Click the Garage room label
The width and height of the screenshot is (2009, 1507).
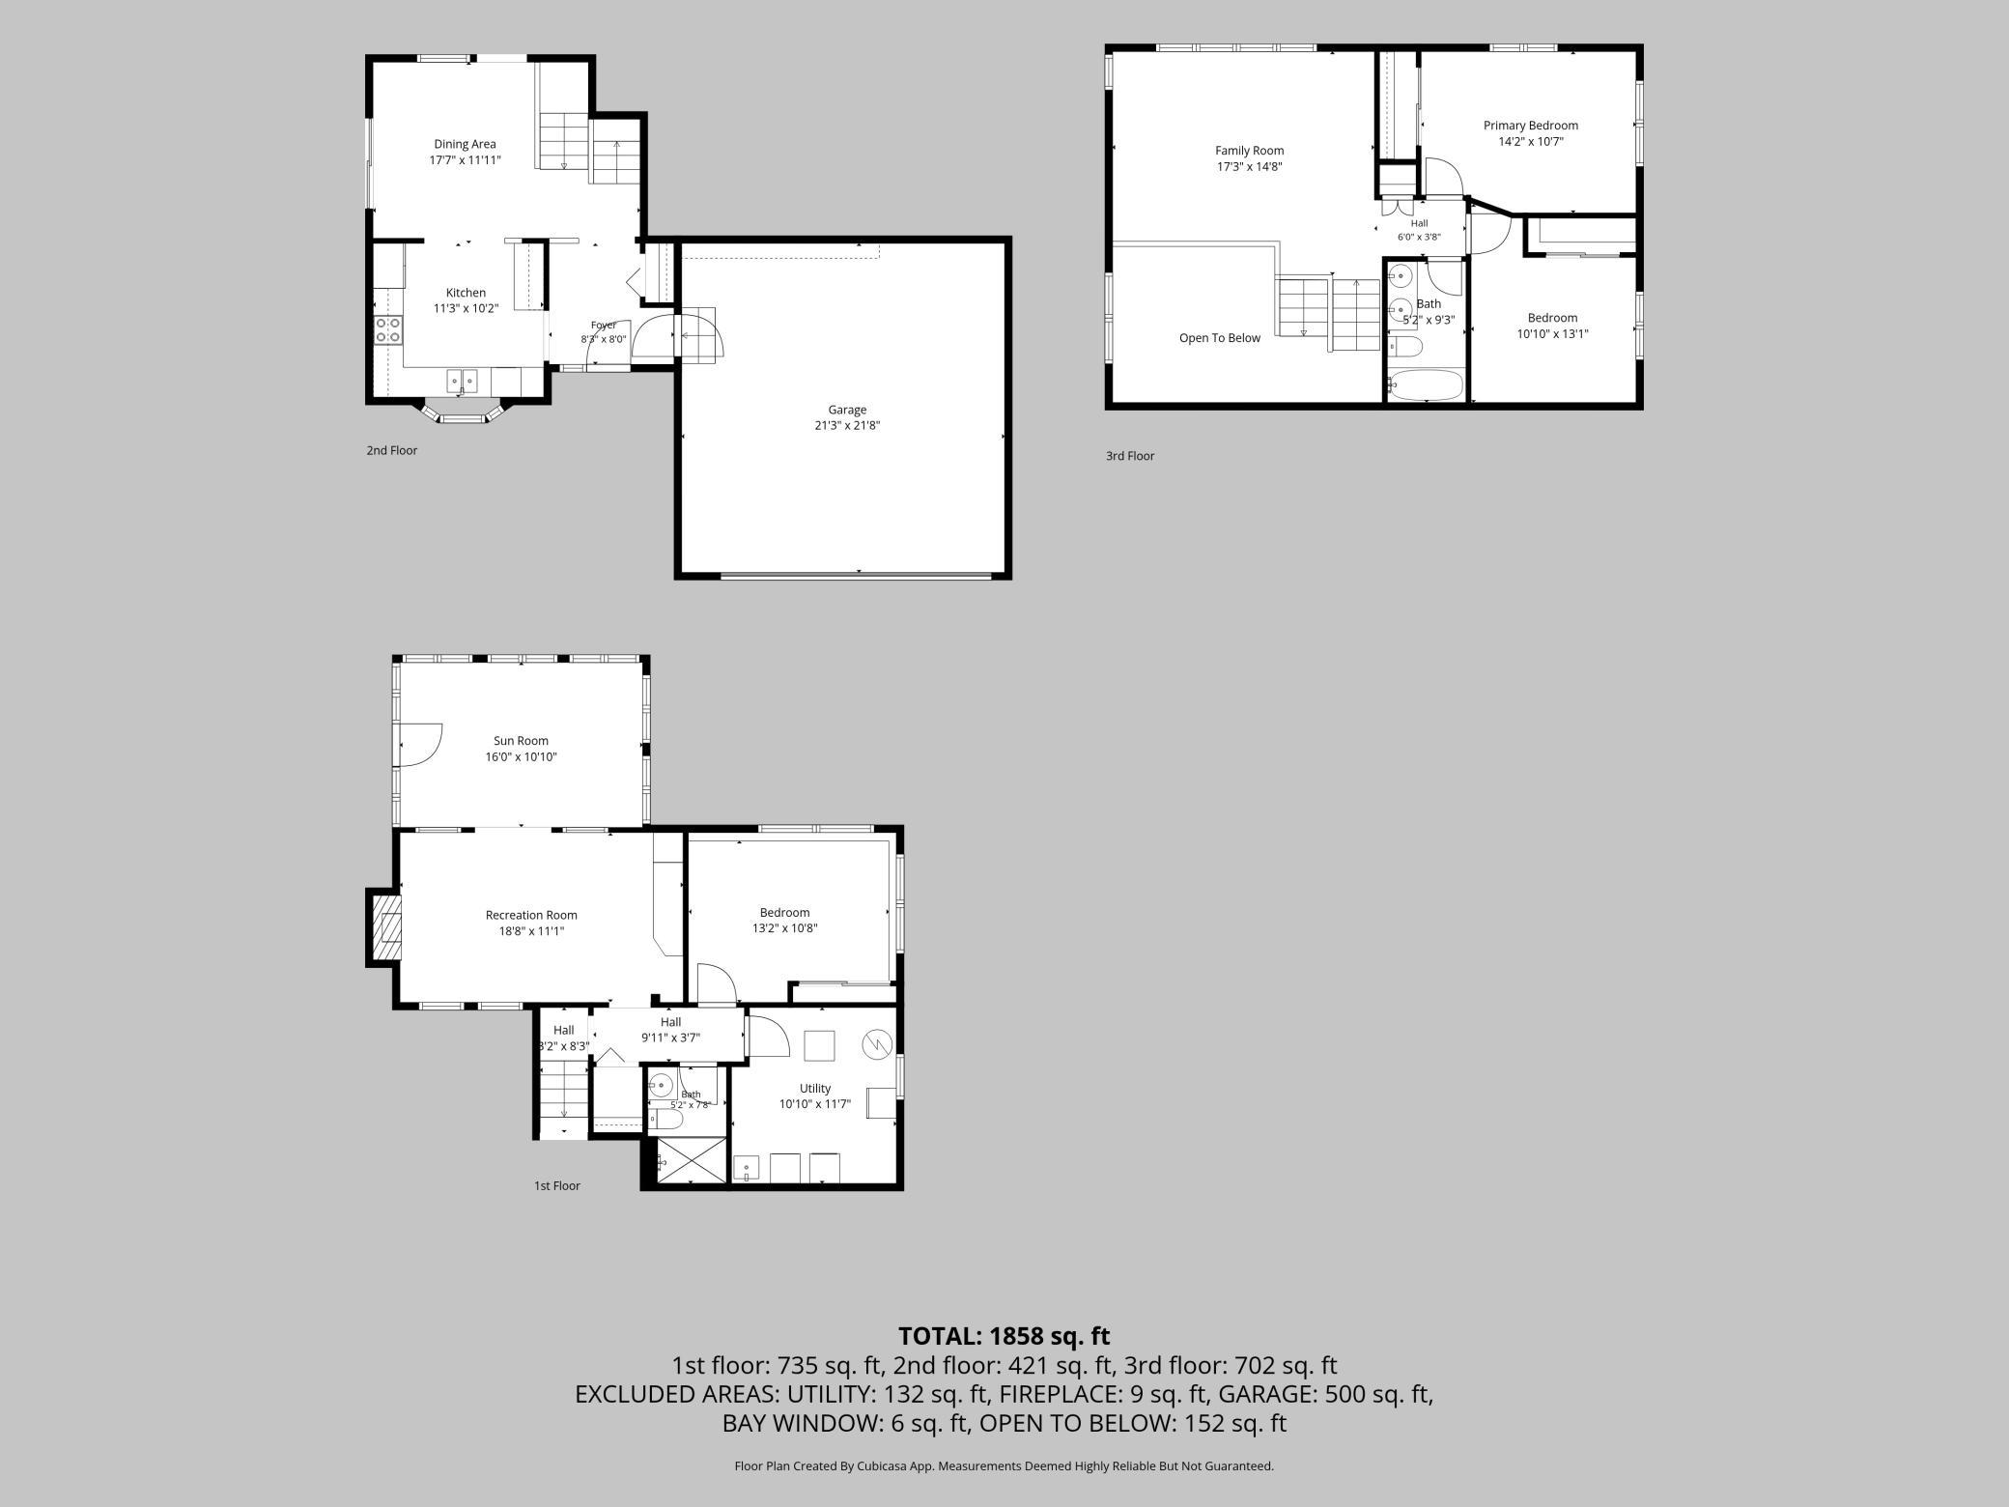[847, 410]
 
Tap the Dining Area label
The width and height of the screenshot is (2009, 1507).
[465, 144]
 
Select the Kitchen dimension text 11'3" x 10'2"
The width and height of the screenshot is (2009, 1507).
[466, 309]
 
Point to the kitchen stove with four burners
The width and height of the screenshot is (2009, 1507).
[388, 329]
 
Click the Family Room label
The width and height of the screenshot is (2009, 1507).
[1249, 151]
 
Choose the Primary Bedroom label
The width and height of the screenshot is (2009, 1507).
[1531, 126]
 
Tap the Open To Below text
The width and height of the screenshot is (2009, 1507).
[1220, 338]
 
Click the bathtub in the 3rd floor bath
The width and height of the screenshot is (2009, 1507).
[1426, 385]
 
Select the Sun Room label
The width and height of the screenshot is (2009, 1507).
[521, 741]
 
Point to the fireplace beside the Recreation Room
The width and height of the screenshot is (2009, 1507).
[384, 926]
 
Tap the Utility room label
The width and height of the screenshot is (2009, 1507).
[815, 1089]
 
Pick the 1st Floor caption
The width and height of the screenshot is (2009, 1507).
[557, 1185]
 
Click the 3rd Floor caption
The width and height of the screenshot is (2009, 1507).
[1130, 456]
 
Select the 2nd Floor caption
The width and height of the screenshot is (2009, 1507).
[391, 450]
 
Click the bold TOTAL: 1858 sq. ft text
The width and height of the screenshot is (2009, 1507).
[1004, 1336]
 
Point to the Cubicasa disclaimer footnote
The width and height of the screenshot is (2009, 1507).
[1004, 1465]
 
